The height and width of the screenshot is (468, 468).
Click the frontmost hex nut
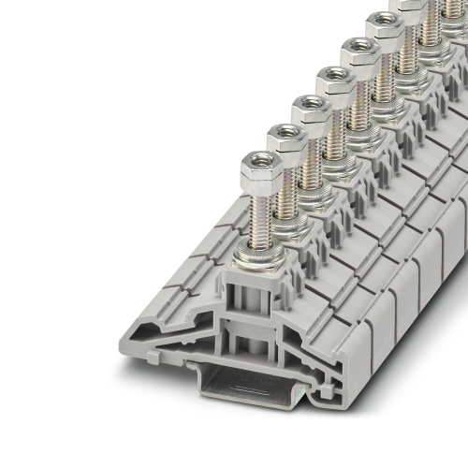coord(260,170)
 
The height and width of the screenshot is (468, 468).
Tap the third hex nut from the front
coord(310,113)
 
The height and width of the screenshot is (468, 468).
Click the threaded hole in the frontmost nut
coord(261,163)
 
